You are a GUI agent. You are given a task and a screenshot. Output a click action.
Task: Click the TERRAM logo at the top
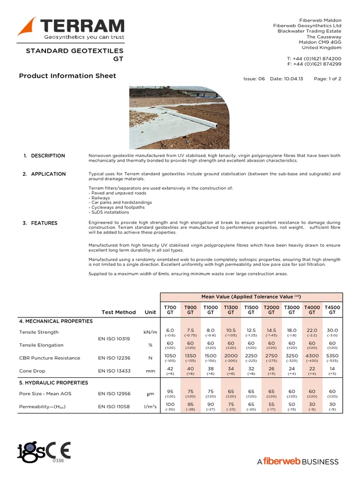point(71,28)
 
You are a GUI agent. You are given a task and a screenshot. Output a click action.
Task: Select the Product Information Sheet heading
point(67,76)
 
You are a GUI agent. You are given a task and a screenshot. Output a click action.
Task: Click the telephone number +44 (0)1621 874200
point(314,58)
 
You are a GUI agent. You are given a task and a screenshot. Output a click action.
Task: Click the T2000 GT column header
point(271,309)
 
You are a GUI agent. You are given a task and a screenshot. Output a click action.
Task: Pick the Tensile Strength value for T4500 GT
point(332,330)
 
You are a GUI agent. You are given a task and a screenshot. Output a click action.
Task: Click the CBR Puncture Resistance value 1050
point(170,356)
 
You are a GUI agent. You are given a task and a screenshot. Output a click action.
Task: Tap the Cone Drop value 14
point(332,368)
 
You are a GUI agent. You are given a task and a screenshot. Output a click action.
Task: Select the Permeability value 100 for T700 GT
point(170,404)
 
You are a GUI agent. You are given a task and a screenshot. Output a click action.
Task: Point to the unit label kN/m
point(149,332)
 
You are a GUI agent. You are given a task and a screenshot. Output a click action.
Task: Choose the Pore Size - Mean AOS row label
point(45,394)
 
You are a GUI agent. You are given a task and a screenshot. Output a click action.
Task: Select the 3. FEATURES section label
point(40,223)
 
